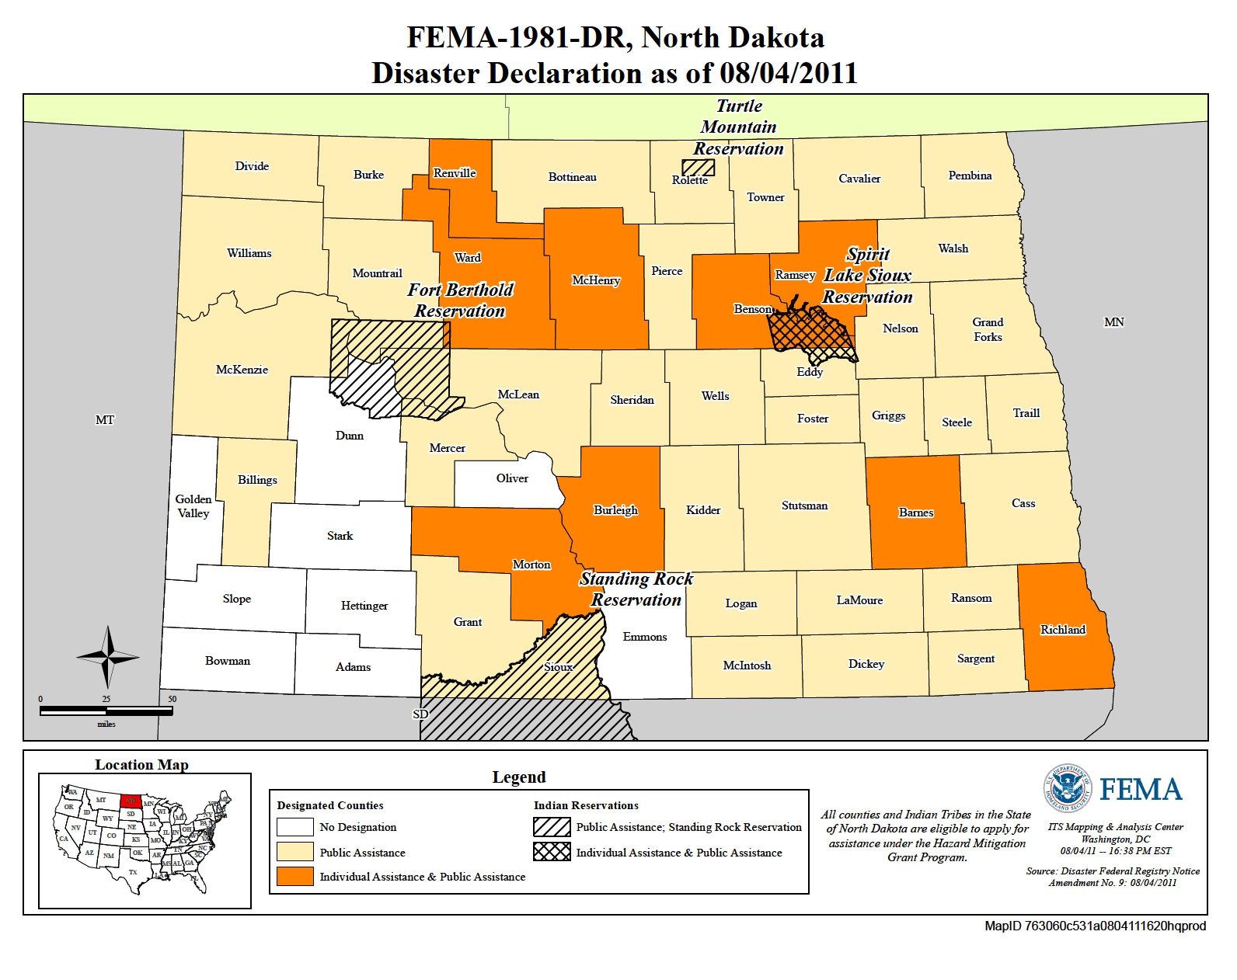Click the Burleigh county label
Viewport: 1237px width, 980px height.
point(615,510)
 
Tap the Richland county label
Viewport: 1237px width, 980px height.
point(1062,630)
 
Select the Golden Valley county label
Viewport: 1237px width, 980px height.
point(193,506)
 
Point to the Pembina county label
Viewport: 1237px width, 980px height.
point(970,175)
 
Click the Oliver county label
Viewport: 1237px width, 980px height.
point(512,478)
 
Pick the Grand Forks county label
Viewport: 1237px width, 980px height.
point(988,329)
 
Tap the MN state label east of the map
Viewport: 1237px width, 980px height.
point(1113,322)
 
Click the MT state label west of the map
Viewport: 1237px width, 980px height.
point(105,420)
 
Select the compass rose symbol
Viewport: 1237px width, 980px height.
point(108,657)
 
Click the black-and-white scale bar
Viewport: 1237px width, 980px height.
point(106,711)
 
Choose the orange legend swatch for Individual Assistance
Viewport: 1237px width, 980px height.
point(295,876)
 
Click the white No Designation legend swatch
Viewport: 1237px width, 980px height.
point(295,827)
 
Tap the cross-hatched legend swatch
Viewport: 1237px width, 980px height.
point(552,852)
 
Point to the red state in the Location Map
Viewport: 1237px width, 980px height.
point(131,801)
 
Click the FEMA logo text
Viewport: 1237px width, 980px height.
point(1140,791)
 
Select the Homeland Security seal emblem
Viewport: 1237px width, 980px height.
point(1067,788)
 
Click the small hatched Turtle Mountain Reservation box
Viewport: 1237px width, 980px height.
point(698,167)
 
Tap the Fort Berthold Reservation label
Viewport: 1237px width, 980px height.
point(460,301)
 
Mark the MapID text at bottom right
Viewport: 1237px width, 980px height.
point(1095,926)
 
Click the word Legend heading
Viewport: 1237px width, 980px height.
point(519,777)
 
